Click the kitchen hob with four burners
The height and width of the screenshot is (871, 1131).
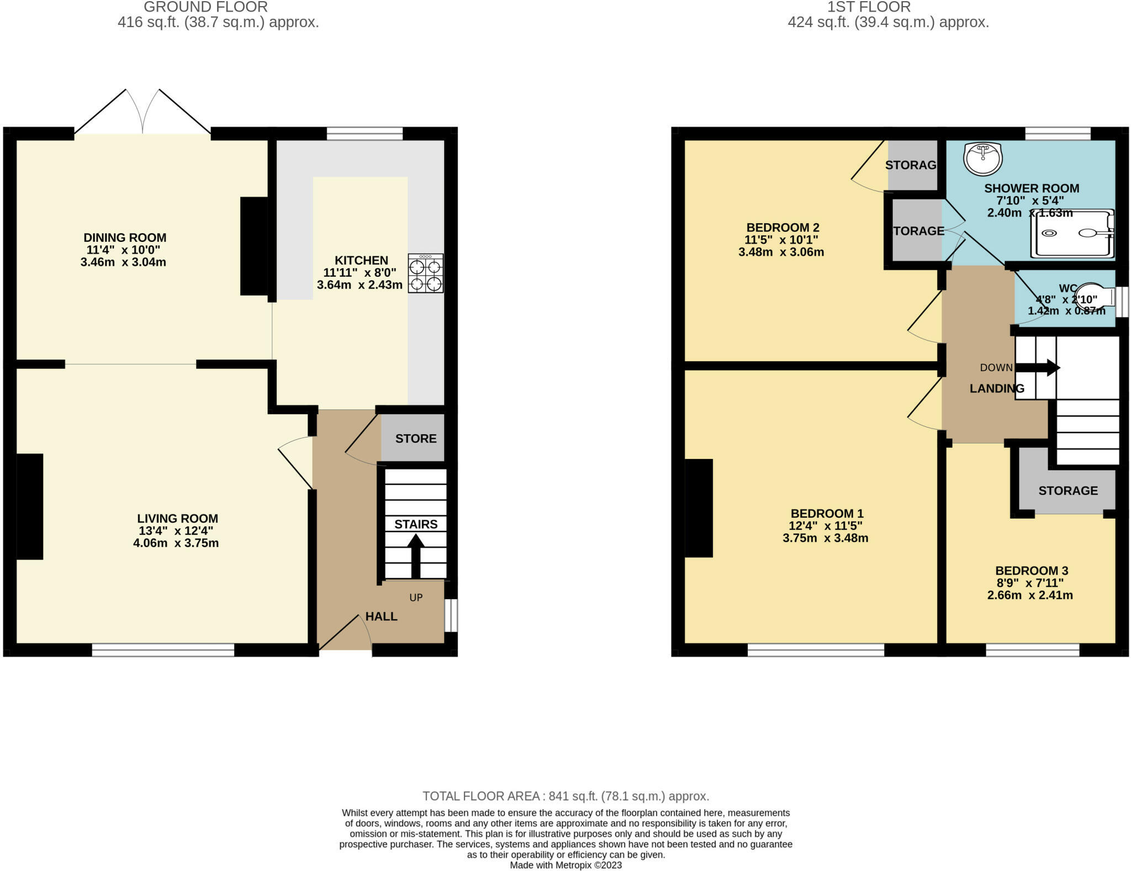(x=425, y=273)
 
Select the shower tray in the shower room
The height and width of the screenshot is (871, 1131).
(x=1072, y=233)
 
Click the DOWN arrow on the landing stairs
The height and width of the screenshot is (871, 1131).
(x=1037, y=367)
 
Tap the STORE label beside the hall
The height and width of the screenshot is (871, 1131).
(x=415, y=439)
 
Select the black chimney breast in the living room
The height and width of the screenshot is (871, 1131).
(x=30, y=506)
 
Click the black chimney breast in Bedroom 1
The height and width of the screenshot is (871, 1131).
(x=699, y=508)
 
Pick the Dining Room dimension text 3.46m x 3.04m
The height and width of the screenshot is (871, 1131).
(x=123, y=262)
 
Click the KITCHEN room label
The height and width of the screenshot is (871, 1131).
(x=361, y=260)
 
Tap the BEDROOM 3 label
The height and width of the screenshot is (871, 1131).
(x=1031, y=571)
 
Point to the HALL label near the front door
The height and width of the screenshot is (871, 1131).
(x=381, y=616)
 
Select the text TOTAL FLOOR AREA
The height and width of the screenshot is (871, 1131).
(x=480, y=796)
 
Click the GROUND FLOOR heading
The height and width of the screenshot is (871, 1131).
(x=205, y=7)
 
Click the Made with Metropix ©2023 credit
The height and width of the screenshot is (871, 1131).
(x=565, y=865)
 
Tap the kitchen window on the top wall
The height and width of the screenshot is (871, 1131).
(x=364, y=133)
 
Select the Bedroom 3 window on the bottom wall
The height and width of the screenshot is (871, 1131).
(x=1032, y=650)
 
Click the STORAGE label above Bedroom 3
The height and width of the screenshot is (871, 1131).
(x=1067, y=490)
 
